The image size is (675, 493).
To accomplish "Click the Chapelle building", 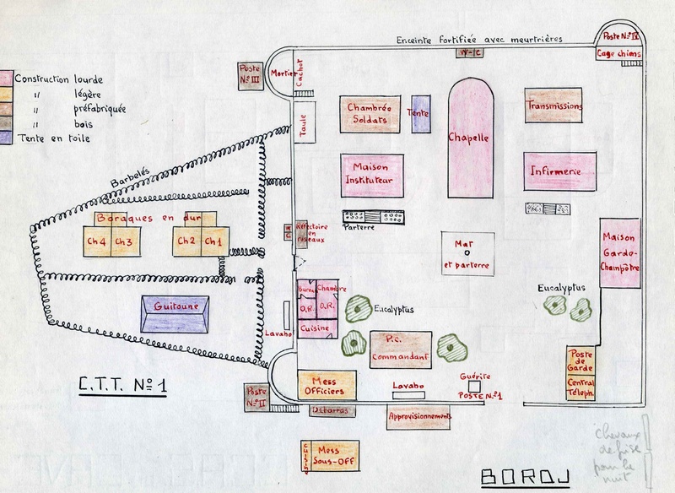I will (469, 138).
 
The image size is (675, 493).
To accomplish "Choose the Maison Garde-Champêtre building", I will (620, 253).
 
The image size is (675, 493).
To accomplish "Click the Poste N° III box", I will (250, 74).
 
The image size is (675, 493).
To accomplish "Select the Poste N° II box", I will (255, 397).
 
